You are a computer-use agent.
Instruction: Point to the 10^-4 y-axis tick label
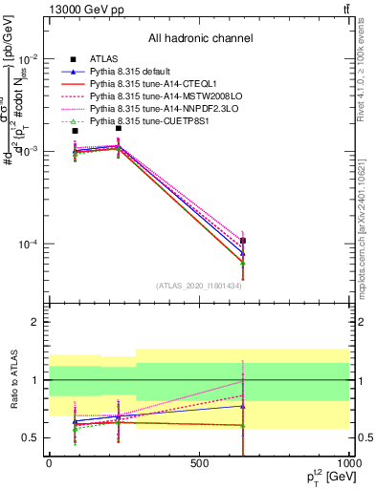tap(25, 244)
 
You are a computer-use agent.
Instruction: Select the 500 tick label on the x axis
tap(199, 463)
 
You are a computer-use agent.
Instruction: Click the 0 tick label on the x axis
tap(49, 463)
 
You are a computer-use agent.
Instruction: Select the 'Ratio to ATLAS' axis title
tap(12, 379)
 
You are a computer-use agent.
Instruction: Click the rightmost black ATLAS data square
tap(243, 241)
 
